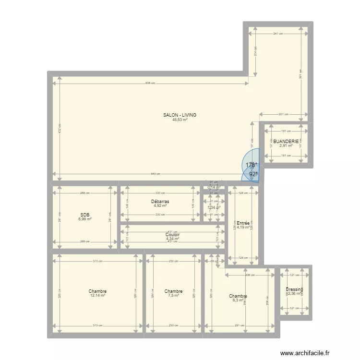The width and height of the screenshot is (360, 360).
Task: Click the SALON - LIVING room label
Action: tap(180, 115)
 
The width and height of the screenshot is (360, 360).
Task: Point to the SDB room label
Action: tap(85, 215)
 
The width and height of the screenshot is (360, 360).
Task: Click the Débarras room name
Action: tap(160, 202)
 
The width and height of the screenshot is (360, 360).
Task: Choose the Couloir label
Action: tap(172, 235)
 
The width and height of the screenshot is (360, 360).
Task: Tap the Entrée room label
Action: tap(243, 223)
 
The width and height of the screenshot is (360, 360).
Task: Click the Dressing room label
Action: tap(294, 289)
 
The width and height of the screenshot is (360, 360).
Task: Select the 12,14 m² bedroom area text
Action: tap(97, 296)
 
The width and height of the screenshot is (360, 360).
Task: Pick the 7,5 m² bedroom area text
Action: tap(173, 296)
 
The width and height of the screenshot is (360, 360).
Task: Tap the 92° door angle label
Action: tap(253, 174)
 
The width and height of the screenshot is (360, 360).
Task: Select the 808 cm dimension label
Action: tap(150, 83)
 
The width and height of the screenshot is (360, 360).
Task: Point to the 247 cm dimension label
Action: tap(278, 34)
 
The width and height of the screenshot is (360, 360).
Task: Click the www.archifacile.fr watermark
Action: tap(308, 353)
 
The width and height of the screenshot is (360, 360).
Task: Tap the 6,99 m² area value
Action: tap(85, 219)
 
